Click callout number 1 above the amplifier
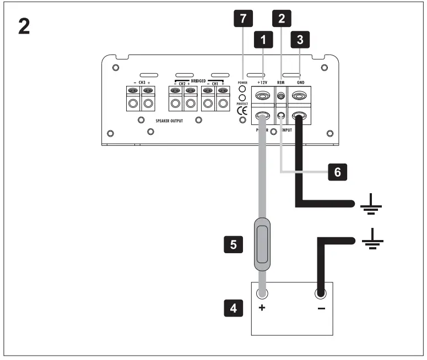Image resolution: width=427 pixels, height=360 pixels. pos(264,40)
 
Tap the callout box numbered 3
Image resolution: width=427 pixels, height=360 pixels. pos(300,40)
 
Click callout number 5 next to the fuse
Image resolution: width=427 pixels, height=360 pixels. pos(233,244)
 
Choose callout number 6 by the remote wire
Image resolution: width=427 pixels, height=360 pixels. pos(337,172)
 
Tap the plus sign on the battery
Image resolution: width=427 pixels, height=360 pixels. pos(262,308)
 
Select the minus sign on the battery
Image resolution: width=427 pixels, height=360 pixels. pos(321,308)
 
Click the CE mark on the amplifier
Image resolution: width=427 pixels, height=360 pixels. pos(242,111)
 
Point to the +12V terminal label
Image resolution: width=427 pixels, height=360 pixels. pos(262,81)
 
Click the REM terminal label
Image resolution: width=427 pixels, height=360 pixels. pos(281,81)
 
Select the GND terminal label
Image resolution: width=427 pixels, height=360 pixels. pos(300,81)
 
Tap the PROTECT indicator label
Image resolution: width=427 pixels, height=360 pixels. pos(241,102)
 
